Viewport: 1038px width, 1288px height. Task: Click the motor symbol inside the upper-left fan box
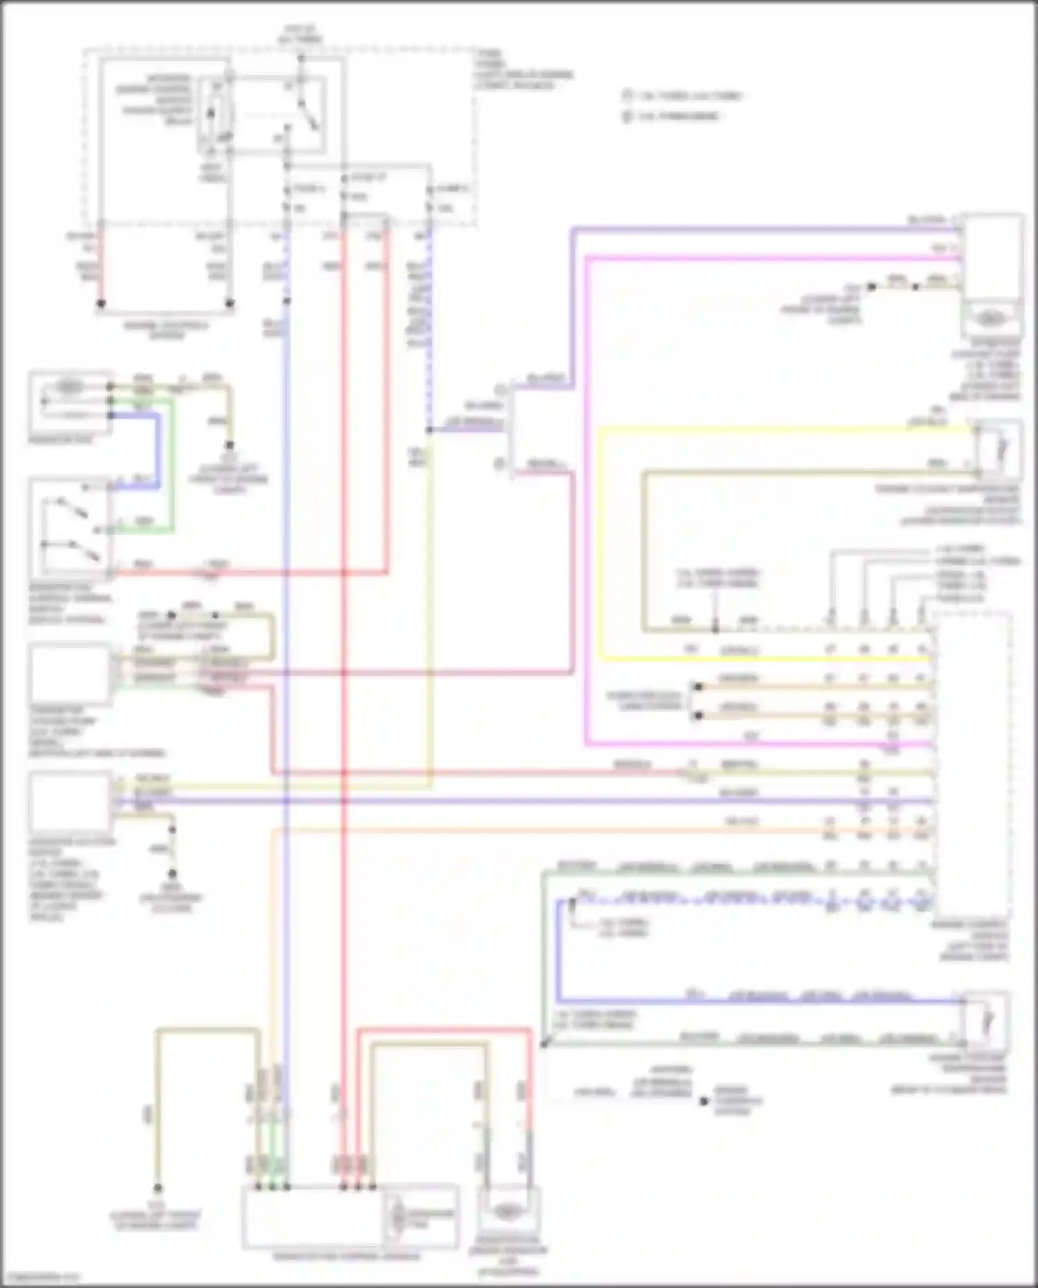point(67,389)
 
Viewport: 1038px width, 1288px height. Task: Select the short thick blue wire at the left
point(158,450)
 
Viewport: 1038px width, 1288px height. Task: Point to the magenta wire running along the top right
point(761,257)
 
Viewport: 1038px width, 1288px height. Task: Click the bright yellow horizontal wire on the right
point(761,428)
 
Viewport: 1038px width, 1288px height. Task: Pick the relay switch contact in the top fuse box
point(304,111)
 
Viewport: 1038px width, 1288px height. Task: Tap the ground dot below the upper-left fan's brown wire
point(230,445)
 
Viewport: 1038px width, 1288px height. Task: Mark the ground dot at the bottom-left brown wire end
point(158,1188)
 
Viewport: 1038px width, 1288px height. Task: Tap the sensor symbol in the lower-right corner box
point(990,1022)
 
